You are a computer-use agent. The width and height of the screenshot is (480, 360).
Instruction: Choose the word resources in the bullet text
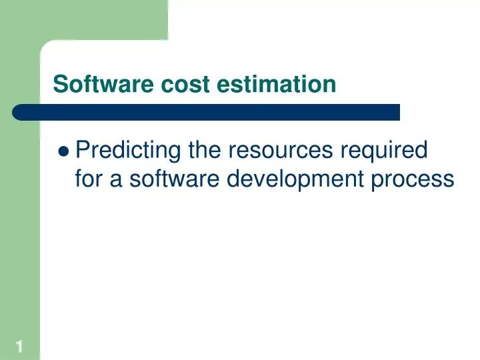point(281,151)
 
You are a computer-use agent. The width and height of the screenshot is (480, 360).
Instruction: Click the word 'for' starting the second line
point(88,179)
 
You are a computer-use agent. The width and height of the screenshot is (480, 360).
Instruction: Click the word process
point(413,179)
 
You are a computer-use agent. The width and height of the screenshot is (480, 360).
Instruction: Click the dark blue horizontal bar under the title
point(207,112)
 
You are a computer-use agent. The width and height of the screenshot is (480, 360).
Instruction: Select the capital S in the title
point(59,85)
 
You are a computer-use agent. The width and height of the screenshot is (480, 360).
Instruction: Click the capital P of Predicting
point(83,151)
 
